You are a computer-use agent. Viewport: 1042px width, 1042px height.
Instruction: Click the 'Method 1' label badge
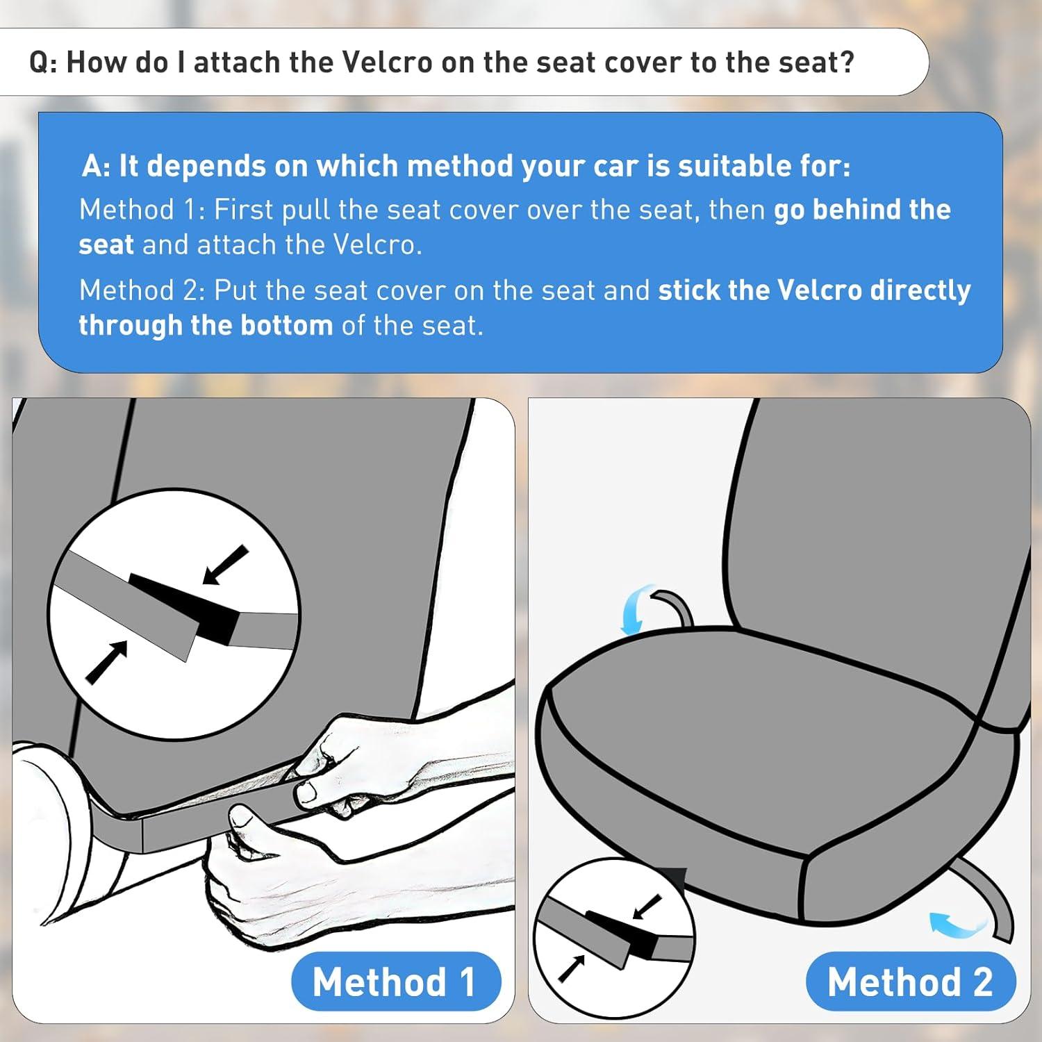pos(396,982)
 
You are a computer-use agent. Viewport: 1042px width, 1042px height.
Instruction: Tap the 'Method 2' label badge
pos(911,982)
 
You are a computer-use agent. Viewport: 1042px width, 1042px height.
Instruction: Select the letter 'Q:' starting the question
pos(43,63)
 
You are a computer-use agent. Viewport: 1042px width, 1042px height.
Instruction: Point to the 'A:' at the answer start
pos(96,166)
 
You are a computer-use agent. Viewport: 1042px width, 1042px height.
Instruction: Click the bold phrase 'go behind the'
pos(862,209)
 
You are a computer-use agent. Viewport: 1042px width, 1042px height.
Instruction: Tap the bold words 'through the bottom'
pos(206,325)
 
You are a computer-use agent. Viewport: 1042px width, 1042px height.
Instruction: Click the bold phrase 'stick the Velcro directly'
pos(814,290)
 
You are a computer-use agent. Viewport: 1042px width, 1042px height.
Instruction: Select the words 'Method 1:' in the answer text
pos(142,209)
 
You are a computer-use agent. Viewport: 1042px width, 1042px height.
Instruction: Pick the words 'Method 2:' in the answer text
pos(142,290)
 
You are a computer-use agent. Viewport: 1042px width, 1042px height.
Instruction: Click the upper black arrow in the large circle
pos(225,565)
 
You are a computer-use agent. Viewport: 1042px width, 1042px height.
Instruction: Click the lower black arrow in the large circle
pos(107,662)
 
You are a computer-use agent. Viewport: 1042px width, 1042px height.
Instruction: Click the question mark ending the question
pos(846,62)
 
